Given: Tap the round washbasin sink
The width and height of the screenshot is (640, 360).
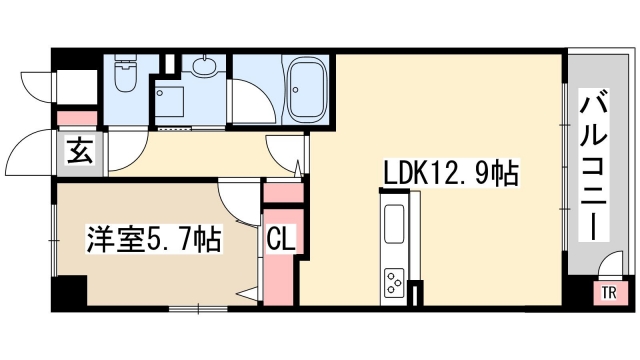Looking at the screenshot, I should tap(206, 67).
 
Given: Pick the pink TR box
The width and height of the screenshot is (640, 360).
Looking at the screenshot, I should tap(607, 292).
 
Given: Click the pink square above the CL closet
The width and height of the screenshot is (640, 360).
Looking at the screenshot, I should tap(282, 194).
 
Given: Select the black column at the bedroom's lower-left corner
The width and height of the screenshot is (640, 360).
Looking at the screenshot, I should tap(68, 293).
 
